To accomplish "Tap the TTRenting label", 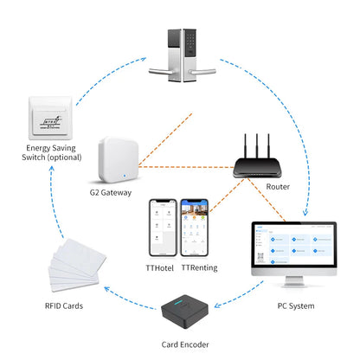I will click(199, 268).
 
